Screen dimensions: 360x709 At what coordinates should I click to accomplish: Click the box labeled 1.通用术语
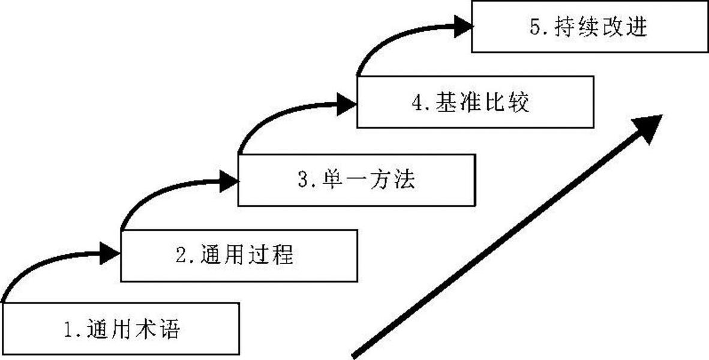click(120, 329)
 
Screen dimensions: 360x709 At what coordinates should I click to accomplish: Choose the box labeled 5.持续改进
click(590, 28)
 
